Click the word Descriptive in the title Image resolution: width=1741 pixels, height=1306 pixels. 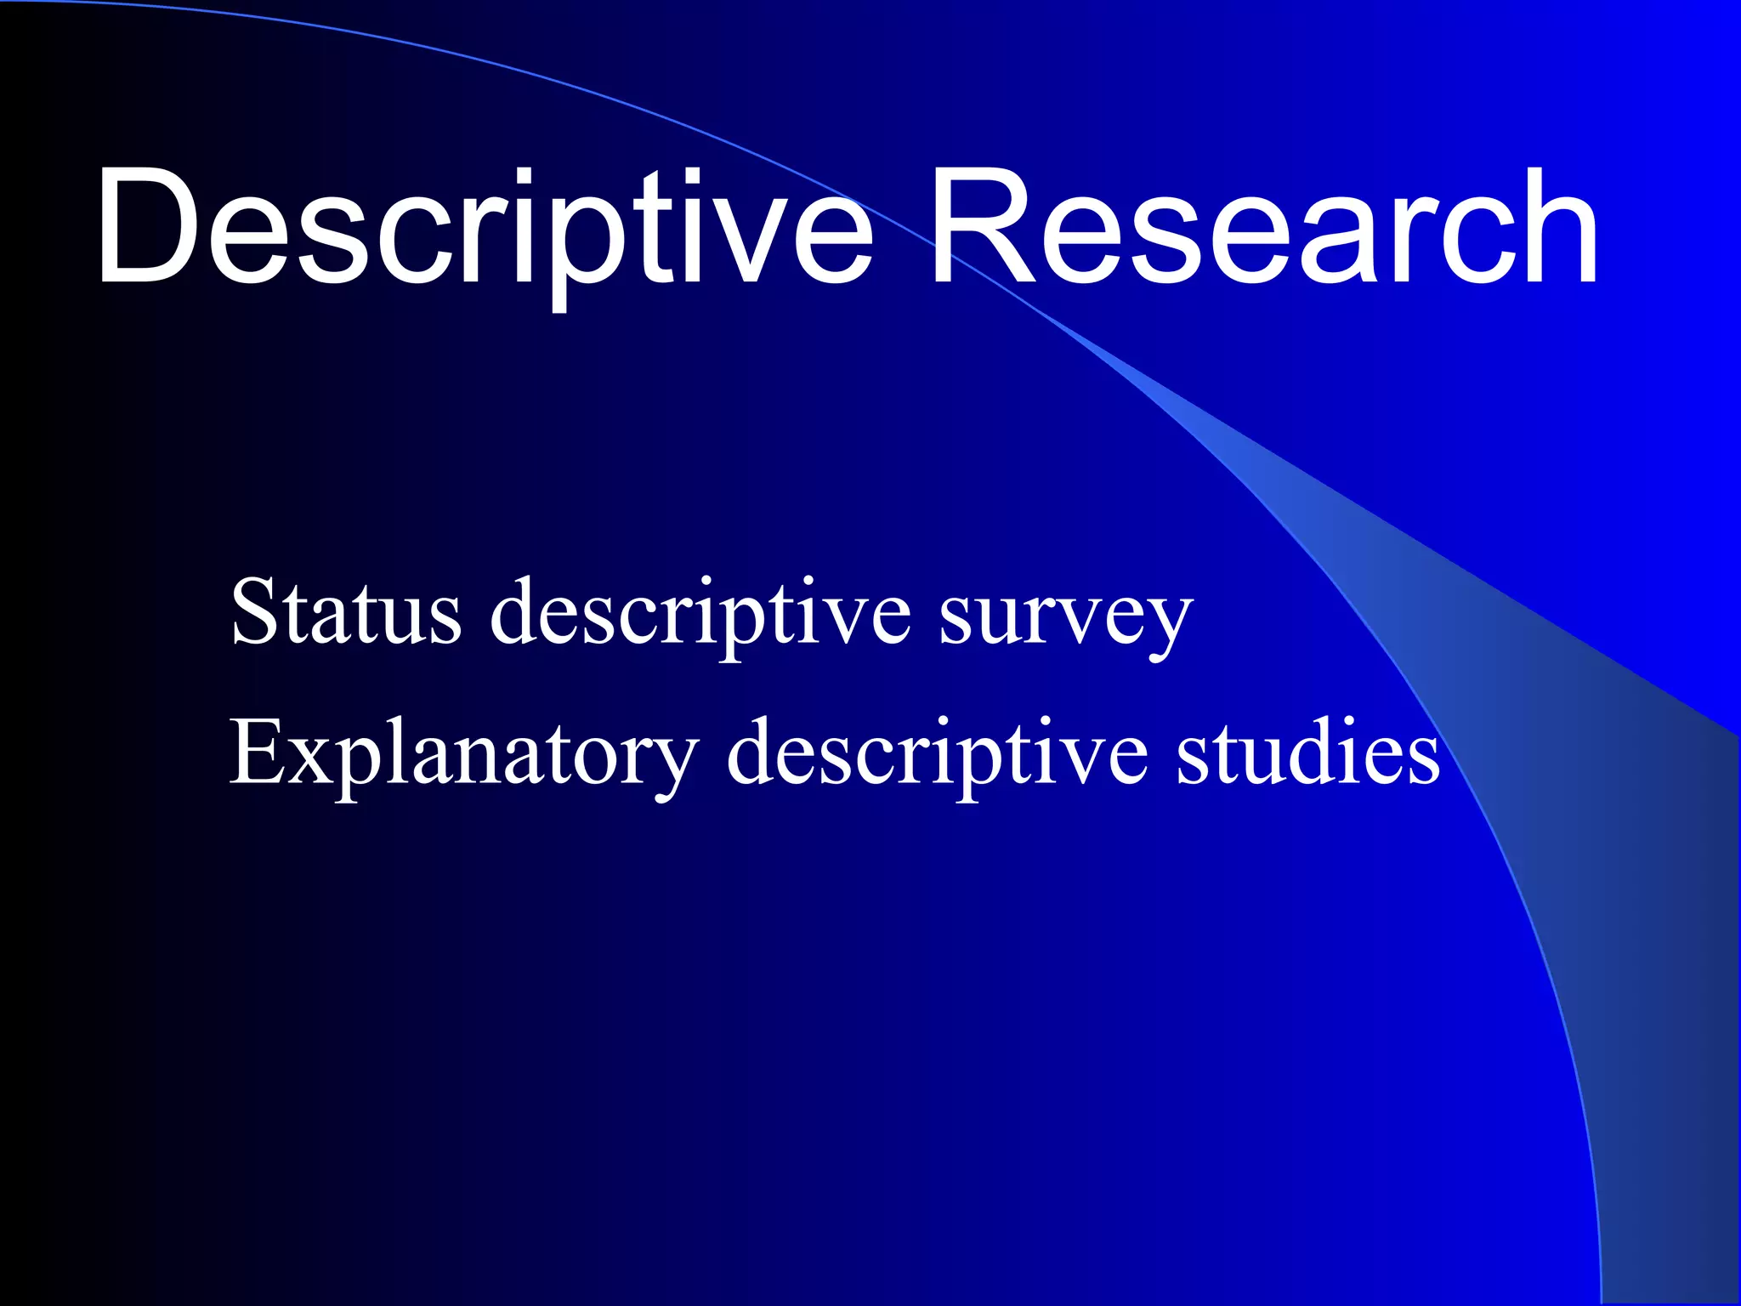[485, 228]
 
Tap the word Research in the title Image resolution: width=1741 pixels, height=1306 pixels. [1265, 228]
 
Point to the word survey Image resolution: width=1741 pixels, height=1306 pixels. [1066, 617]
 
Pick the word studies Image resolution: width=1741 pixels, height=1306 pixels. [1308, 753]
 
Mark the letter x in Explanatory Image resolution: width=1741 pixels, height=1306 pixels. [311, 762]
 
